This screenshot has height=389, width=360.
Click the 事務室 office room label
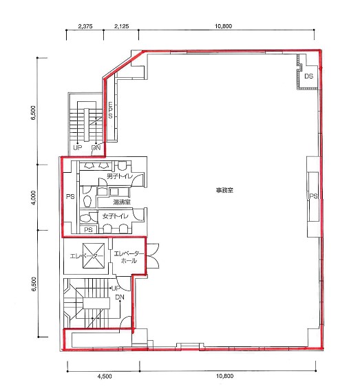click(224, 190)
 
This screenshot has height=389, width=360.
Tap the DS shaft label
click(308, 76)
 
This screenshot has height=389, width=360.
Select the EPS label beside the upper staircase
click(110, 110)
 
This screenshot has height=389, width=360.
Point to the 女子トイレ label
click(116, 216)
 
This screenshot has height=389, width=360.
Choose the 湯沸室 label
click(122, 202)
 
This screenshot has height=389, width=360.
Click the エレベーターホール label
click(129, 257)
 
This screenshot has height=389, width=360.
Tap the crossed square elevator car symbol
click(94, 255)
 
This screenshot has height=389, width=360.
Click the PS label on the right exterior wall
click(313, 196)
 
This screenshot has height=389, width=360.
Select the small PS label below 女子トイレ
click(88, 229)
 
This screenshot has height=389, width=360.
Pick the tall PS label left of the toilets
click(70, 196)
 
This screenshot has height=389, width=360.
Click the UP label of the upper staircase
click(77, 147)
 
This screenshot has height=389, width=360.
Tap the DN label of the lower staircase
click(120, 297)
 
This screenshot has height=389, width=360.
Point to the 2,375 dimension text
click(85, 26)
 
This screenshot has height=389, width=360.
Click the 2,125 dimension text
click(122, 26)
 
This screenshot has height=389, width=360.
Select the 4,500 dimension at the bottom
click(105, 377)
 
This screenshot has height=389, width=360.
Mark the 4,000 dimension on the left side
click(34, 197)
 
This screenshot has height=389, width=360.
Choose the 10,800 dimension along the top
click(223, 26)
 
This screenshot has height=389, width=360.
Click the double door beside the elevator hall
click(152, 256)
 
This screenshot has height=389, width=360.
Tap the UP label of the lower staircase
click(116, 288)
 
